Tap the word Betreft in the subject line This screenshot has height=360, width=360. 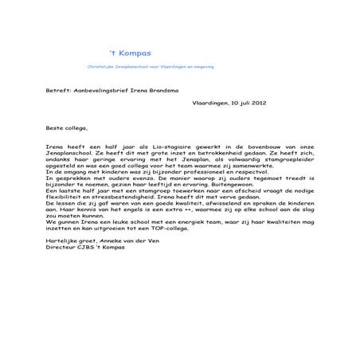(x=59, y=92)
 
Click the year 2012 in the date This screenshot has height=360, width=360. (x=268, y=104)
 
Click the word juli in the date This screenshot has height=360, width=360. (x=249, y=104)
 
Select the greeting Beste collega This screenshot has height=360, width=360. (x=69, y=127)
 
